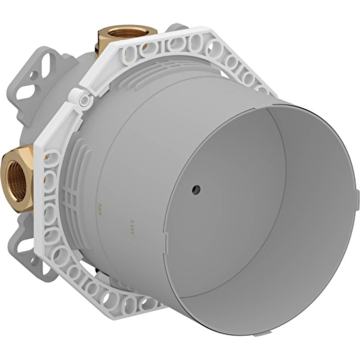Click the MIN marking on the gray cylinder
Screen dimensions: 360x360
(100, 209)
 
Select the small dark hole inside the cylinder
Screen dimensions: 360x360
(196, 189)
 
